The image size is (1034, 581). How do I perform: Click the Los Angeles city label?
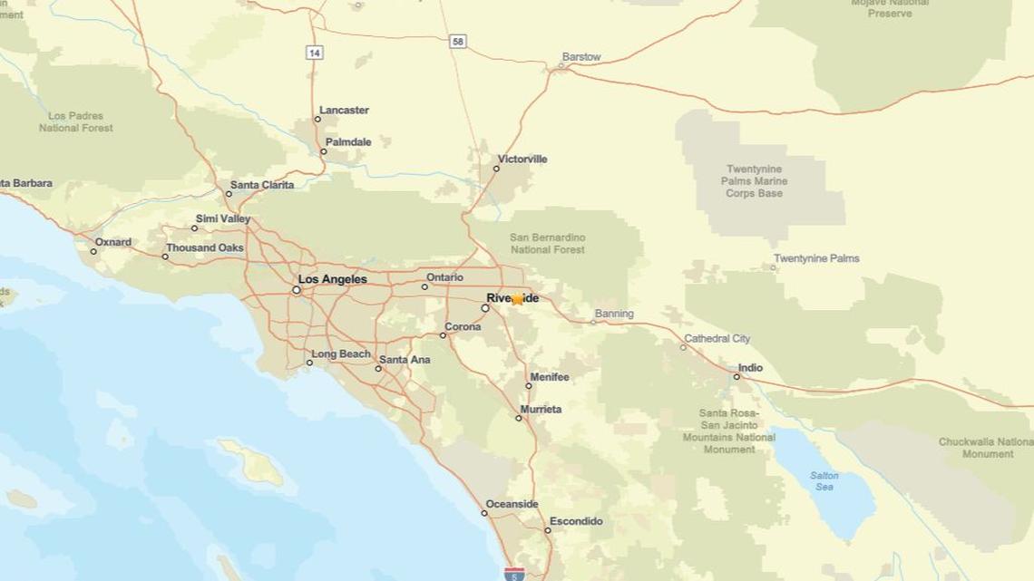333,279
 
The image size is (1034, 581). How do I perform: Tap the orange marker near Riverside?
517,299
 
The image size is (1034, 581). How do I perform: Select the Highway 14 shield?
314,53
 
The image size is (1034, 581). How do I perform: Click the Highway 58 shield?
458,42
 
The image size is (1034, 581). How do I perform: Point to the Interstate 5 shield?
513,574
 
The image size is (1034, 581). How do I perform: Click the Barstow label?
581,57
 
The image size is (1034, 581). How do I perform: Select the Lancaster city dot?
317,119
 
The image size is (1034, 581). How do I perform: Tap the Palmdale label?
348,142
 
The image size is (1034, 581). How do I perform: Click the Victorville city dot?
496,169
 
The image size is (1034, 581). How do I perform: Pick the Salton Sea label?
824,481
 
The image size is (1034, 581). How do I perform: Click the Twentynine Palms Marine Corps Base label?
754,181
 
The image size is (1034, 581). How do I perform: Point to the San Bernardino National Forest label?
548,243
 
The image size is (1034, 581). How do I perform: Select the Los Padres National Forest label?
76,122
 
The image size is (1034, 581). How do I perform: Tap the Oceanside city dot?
484,513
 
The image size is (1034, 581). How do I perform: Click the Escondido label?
576,521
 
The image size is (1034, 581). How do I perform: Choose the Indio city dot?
736,376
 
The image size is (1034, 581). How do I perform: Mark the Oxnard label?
113,242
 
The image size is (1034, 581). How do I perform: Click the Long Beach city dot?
309,363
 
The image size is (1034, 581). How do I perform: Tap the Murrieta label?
541,410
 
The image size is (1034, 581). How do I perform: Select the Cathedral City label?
717,338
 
